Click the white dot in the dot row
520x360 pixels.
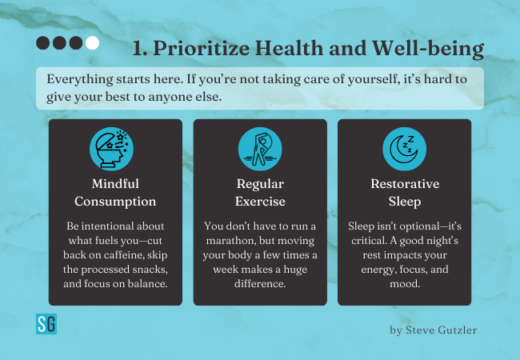(x=92, y=43)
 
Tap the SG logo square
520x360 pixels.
(x=46, y=324)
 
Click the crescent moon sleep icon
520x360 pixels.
(x=404, y=149)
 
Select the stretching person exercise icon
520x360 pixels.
(x=260, y=149)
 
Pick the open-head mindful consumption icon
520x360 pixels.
(x=111, y=149)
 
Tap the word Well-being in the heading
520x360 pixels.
(x=428, y=49)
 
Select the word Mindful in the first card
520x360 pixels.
(x=115, y=184)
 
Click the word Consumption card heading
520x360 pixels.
(x=115, y=202)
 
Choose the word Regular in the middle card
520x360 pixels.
(x=260, y=184)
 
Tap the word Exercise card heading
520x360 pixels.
(x=260, y=202)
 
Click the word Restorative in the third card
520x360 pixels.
(x=405, y=184)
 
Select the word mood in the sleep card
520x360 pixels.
(x=405, y=284)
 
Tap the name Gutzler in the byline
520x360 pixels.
(x=458, y=330)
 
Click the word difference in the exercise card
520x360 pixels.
(x=260, y=284)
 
